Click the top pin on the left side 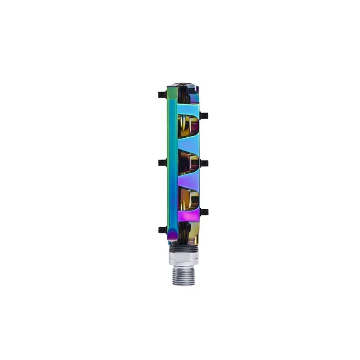[162, 95]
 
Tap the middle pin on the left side [162, 162]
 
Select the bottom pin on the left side [162, 230]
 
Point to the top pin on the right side [204, 116]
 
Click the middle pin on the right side [204, 162]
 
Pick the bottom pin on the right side [204, 211]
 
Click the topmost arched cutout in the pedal [188, 125]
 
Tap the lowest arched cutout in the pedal [188, 199]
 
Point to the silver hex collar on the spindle [183, 258]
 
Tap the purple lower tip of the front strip [172, 234]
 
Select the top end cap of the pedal [183, 85]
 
